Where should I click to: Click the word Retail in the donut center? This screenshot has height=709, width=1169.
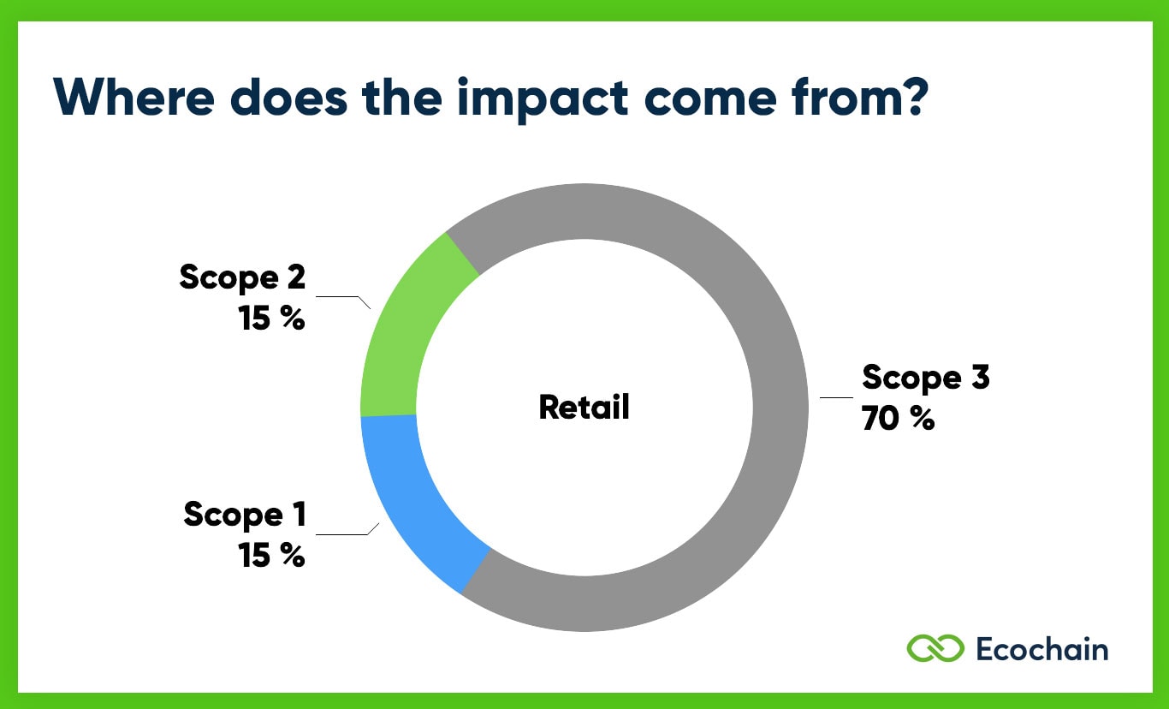coord(584,407)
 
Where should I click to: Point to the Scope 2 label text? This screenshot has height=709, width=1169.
coord(242,277)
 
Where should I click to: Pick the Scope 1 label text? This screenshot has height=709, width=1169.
coord(245,515)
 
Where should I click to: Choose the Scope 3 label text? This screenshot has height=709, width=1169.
coord(925,377)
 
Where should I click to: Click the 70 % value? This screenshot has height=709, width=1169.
coord(898,419)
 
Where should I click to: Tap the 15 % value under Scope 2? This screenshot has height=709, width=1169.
coord(271,319)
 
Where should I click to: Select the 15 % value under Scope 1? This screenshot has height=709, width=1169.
coord(271,556)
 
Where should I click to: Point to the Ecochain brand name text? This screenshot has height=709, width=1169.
coord(1041,648)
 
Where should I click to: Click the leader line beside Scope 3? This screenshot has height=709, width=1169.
coord(836,397)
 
